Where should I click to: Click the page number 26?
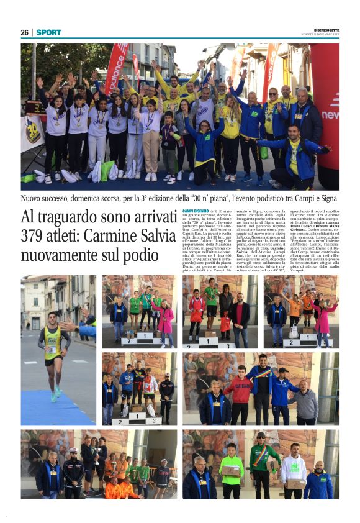click(25, 32)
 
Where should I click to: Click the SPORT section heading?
click(48, 32)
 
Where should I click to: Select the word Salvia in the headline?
click(155, 236)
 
